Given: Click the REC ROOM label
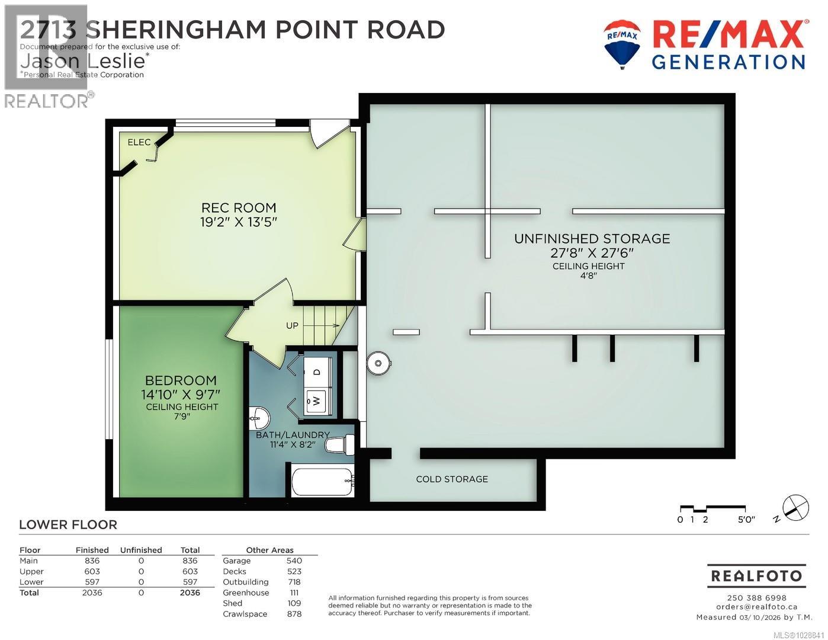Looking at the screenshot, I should [239, 208].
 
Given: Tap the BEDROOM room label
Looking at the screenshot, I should [181, 380].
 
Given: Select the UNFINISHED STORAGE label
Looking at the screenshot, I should [592, 239].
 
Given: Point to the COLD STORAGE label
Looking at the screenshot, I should [452, 479].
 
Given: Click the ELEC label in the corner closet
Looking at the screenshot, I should [139, 143].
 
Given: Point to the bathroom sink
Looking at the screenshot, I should [258, 417].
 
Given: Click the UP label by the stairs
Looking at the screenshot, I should [293, 325].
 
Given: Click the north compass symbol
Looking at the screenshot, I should [795, 507].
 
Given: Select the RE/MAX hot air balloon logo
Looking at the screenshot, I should [622, 43].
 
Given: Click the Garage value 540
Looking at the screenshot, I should [294, 561].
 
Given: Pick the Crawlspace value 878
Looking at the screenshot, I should [294, 614].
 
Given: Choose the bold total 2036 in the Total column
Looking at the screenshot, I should [190, 593].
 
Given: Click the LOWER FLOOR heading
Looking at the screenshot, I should [68, 524].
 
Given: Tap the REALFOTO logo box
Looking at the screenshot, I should [756, 576].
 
